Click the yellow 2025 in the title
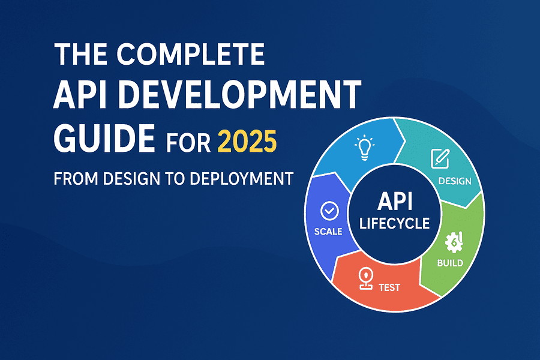point(247,141)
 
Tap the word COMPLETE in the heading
point(190,54)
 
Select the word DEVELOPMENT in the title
point(239,95)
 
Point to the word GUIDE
point(104,139)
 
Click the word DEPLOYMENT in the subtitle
point(241,179)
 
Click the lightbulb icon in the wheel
point(364,148)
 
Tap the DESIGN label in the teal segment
point(455,181)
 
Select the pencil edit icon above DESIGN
point(440,159)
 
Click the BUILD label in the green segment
point(450,263)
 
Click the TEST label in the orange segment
point(389,287)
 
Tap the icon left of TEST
point(366,278)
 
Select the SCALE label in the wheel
point(328,232)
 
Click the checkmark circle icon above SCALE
point(329,211)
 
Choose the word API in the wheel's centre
point(395,201)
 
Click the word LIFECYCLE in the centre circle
point(395,224)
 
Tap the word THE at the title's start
point(80,54)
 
